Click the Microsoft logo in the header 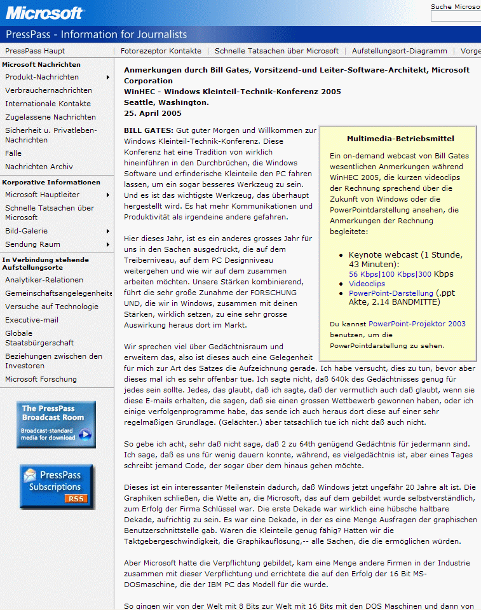click(x=44, y=13)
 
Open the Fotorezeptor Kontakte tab click(x=161, y=51)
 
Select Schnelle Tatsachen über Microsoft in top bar click(x=276, y=51)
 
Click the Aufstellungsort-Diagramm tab click(x=399, y=51)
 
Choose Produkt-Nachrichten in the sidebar click(x=42, y=77)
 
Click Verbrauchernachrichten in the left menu click(x=48, y=90)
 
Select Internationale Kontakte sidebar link click(x=48, y=104)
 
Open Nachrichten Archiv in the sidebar click(x=39, y=167)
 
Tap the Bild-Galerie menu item click(x=26, y=231)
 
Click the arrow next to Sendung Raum click(x=108, y=244)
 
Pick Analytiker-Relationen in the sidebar click(x=44, y=280)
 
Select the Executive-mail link click(x=32, y=320)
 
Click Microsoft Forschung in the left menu click(x=41, y=379)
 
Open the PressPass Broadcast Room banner click(x=56, y=424)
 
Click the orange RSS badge click(x=76, y=499)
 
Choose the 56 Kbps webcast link click(x=363, y=274)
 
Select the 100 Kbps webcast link click(x=398, y=274)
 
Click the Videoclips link click(x=367, y=284)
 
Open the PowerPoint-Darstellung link click(x=391, y=293)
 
